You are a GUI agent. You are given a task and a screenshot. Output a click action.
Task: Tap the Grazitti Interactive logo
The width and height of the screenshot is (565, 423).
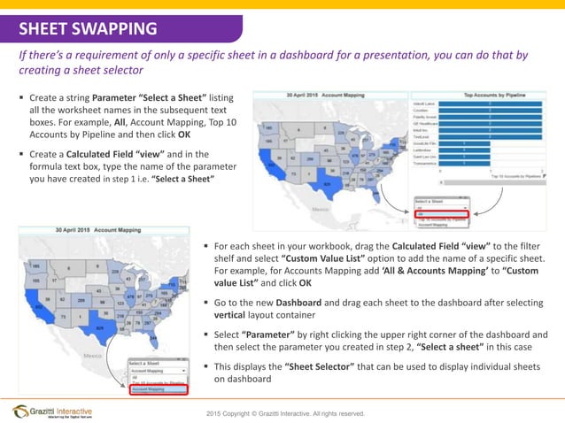(x=58, y=411)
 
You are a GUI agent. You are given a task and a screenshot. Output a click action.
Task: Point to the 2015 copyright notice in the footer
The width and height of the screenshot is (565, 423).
(x=284, y=413)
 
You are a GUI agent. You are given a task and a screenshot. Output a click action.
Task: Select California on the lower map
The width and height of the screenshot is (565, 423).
(x=41, y=304)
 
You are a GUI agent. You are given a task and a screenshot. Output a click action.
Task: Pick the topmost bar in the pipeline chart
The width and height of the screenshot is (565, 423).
(x=489, y=104)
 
